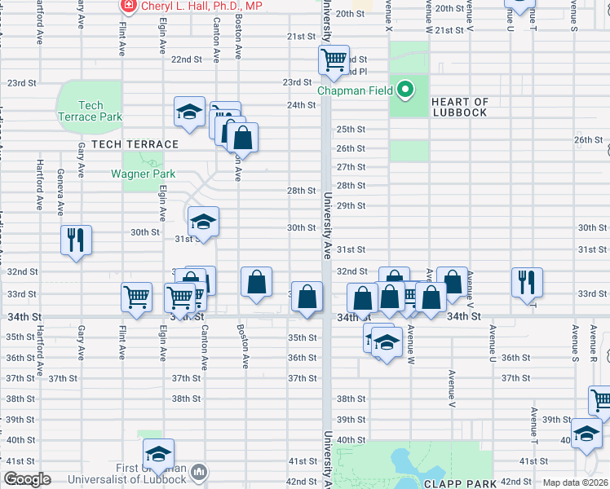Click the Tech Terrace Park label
pyautogui.click(x=91, y=111)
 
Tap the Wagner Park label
pyautogui.click(x=144, y=174)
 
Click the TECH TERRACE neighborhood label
pyautogui.click(x=135, y=144)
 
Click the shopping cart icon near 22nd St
pyautogui.click(x=334, y=59)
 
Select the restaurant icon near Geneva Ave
pyautogui.click(x=75, y=240)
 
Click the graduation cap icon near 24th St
pyautogui.click(x=189, y=112)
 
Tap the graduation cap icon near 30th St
pyautogui.click(x=203, y=221)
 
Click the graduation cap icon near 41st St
pyautogui.click(x=158, y=452)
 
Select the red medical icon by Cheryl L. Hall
pyautogui.click(x=128, y=7)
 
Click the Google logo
pyautogui.click(x=27, y=479)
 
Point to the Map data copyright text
pyautogui.click(x=575, y=482)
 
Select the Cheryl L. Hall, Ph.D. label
pyautogui.click(x=202, y=7)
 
